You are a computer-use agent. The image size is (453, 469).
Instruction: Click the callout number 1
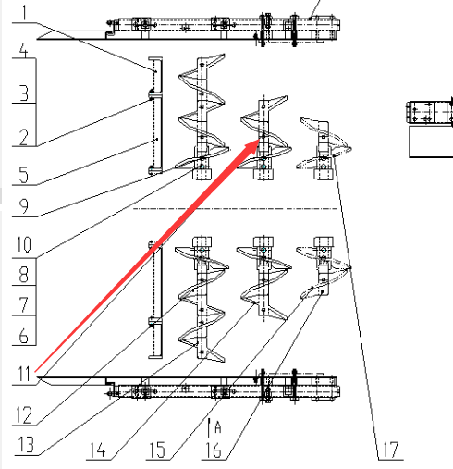(24, 12)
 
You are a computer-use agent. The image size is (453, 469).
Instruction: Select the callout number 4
(24, 50)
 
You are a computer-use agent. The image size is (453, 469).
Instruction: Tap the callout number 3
(24, 93)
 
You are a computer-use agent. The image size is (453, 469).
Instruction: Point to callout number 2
(24, 137)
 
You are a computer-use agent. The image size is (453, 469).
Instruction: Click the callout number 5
(24, 175)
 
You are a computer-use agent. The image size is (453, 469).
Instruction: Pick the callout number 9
(24, 206)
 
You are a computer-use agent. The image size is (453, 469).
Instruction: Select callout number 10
(24, 244)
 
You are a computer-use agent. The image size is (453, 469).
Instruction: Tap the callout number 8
(24, 275)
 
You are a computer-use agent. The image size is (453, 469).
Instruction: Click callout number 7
(24, 304)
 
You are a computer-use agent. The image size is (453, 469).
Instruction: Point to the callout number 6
(24, 335)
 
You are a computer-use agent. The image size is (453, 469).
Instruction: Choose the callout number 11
(24, 374)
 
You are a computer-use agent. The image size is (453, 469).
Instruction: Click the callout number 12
(24, 415)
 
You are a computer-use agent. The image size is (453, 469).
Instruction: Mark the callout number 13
(26, 445)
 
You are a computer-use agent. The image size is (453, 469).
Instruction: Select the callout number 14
(98, 450)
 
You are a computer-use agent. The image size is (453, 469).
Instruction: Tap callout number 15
(157, 450)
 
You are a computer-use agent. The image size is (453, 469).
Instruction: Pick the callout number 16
(214, 450)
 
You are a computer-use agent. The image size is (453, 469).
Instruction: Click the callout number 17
(391, 450)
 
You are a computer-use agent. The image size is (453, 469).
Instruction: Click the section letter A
(218, 427)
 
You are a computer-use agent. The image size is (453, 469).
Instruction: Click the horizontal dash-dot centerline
(235, 209)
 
